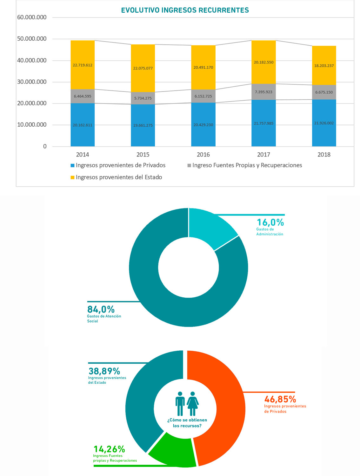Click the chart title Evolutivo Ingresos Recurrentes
coord(185,10)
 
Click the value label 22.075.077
coord(143,68)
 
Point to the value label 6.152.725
coord(203,96)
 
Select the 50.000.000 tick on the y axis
coord(32,39)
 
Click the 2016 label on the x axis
coord(203,155)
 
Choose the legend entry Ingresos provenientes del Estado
coord(119,177)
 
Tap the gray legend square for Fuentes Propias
coord(189,165)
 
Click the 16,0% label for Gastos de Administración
coord(270,222)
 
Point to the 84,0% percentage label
coord(101,309)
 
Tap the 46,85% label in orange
coord(280,399)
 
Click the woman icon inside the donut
coord(192,403)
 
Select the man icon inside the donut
coord(180,403)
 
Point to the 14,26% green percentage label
coord(109,449)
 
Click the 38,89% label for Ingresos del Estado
coord(104,371)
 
